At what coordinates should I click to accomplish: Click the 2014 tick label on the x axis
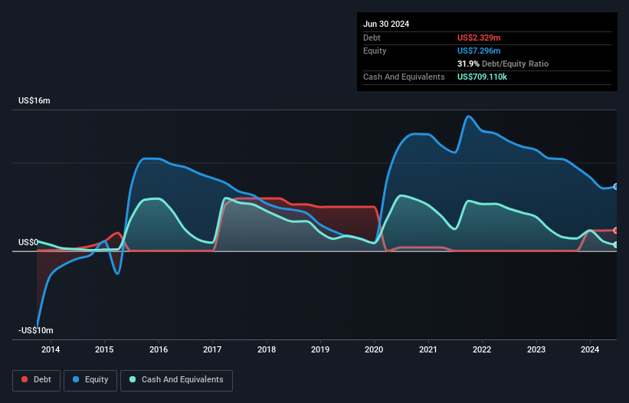[51, 350]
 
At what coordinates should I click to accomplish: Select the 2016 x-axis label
[159, 350]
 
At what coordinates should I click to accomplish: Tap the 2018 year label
[267, 350]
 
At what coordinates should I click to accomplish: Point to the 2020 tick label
[375, 350]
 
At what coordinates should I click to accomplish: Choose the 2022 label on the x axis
[483, 350]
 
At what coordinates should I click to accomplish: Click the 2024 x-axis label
[591, 350]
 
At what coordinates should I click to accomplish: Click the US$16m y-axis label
[34, 101]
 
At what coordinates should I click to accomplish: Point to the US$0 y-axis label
[28, 242]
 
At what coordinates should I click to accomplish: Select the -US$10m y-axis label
[35, 330]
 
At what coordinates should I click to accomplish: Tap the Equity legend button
[90, 379]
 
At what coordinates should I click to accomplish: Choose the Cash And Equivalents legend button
[176, 379]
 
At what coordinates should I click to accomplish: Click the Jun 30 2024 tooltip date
[386, 24]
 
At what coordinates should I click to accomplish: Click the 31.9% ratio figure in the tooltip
[470, 64]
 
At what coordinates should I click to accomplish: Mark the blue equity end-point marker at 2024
[616, 187]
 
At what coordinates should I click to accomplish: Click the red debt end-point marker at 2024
[616, 230]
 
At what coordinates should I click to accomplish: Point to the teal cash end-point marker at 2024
[616, 244]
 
